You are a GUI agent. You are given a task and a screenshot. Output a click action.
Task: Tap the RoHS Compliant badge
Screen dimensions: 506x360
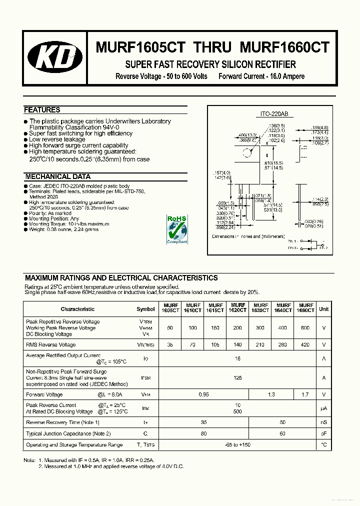click(176, 229)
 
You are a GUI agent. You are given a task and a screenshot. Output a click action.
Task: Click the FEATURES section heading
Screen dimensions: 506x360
click(42, 110)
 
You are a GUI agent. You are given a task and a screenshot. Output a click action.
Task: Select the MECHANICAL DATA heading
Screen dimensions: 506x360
click(57, 176)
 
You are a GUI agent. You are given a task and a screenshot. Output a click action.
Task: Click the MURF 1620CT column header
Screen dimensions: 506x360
click(238, 308)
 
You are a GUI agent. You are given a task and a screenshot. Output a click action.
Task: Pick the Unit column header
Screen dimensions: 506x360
click(323, 309)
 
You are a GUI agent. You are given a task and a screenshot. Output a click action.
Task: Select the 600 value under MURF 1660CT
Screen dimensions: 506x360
click(305, 328)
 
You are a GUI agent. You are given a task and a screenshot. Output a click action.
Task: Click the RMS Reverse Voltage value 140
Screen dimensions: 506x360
click(238, 344)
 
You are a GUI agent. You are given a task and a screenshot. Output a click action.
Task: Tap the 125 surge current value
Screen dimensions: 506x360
click(237, 377)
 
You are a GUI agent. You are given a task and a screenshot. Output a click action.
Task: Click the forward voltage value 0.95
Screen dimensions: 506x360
click(203, 394)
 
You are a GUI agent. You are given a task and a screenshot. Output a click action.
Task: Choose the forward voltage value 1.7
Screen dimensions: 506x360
click(305, 394)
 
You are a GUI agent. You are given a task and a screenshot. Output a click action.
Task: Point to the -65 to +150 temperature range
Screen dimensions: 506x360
click(237, 444)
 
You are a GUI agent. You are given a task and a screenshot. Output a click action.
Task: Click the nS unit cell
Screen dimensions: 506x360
click(323, 422)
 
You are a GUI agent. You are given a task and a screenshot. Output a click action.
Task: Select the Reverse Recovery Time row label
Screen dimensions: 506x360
click(62, 422)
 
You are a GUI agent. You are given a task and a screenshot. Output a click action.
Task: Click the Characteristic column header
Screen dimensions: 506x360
click(77, 309)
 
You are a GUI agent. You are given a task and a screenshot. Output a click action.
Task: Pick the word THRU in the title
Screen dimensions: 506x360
click(212, 47)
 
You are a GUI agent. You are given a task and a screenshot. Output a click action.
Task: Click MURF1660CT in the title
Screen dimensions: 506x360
click(284, 47)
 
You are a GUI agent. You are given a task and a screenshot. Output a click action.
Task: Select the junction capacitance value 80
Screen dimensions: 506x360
click(203, 433)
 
